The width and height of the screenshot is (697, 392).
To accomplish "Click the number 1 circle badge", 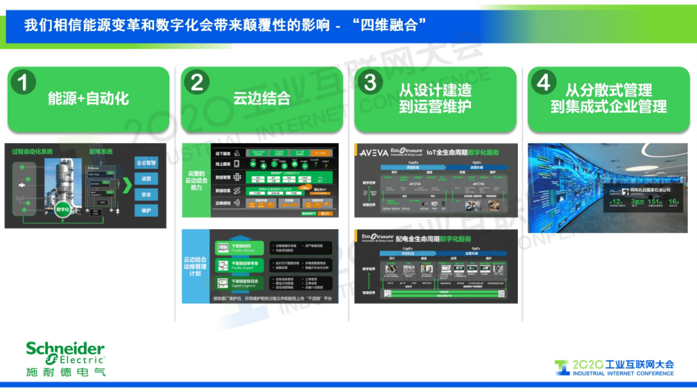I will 23,83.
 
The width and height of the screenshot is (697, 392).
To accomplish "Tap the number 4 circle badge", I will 544,83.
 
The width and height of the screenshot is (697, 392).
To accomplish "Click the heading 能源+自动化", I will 88,98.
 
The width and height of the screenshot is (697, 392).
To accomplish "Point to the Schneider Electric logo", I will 65,357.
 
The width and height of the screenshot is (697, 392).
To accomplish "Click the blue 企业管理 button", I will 146,163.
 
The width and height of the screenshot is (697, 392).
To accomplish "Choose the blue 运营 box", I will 146,179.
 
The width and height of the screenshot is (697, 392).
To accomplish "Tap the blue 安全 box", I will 146,195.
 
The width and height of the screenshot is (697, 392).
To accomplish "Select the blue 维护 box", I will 146,210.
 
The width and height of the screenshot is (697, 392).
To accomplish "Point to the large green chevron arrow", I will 126,186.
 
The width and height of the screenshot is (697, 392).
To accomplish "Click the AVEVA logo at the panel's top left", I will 373,152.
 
